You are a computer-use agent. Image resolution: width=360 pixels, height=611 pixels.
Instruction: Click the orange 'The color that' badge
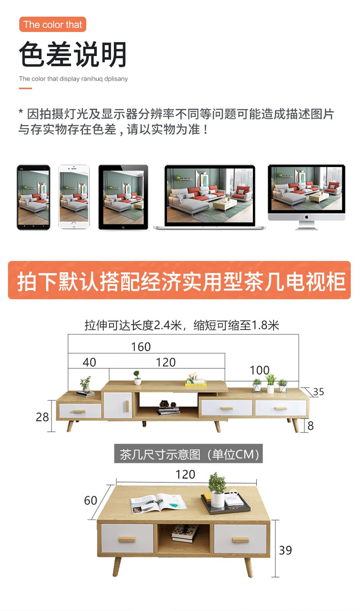(x=52, y=24)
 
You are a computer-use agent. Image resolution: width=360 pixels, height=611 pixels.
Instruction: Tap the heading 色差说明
(x=73, y=54)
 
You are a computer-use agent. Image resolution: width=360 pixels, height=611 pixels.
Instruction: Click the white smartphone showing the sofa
(x=74, y=197)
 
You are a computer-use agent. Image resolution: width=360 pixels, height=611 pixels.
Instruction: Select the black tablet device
(x=123, y=197)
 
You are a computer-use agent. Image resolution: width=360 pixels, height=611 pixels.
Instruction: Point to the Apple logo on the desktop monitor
(x=306, y=217)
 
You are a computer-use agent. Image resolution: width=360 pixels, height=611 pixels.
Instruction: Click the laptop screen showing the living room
(x=210, y=195)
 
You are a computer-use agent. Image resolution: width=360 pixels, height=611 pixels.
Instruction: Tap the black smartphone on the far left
(x=34, y=197)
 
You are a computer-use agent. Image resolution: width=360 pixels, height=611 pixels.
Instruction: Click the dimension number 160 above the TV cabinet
(x=141, y=347)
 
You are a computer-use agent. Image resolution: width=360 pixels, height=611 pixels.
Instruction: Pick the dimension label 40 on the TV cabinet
(x=89, y=362)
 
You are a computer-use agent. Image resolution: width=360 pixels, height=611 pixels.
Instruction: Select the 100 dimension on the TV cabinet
(x=259, y=370)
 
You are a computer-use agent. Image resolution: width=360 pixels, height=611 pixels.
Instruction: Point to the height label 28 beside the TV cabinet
(x=42, y=417)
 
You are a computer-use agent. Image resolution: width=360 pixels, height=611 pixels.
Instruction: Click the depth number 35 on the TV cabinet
(x=319, y=392)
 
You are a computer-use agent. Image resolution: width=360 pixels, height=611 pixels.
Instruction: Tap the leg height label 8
(x=310, y=425)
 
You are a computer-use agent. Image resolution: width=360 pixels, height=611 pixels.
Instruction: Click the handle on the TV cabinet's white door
(x=127, y=406)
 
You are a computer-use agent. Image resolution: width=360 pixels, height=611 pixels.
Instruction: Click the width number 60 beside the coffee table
(x=91, y=500)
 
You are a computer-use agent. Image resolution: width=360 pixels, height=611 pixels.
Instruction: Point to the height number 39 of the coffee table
(x=285, y=550)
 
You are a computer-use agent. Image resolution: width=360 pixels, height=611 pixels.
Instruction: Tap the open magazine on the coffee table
(x=158, y=503)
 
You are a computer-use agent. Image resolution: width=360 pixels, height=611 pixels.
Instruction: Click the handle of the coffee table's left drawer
(x=127, y=539)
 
